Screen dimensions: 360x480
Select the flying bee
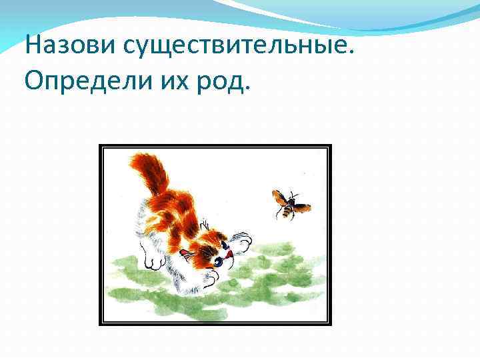288,203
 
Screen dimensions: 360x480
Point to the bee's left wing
277,197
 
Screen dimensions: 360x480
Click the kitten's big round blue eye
218,262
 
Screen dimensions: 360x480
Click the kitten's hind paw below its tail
154,257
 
